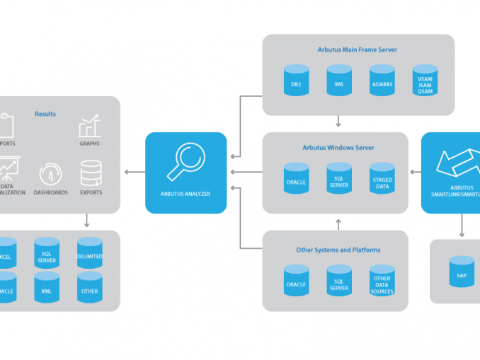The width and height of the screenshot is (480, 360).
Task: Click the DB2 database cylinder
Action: pyautogui.click(x=296, y=81)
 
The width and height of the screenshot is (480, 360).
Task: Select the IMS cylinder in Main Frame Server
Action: pyautogui.click(x=339, y=81)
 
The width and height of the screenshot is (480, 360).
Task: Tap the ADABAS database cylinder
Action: pyautogui.click(x=382, y=81)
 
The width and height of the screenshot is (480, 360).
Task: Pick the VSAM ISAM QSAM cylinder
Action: pyautogui.click(x=425, y=81)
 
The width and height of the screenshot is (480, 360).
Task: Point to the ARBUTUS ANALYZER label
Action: pyautogui.click(x=186, y=193)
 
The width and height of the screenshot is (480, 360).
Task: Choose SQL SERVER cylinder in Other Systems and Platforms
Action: pyautogui.click(x=339, y=281)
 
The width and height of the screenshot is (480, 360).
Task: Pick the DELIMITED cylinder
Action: pyautogui.click(x=90, y=253)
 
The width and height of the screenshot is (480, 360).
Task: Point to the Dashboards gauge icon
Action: pyautogui.click(x=50, y=174)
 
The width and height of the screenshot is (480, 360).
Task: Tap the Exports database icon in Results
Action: pyautogui.click(x=91, y=173)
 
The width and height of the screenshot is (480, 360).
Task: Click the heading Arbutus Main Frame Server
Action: pyautogui.click(x=358, y=50)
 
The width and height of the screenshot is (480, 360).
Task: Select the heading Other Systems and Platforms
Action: pyautogui.click(x=338, y=250)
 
